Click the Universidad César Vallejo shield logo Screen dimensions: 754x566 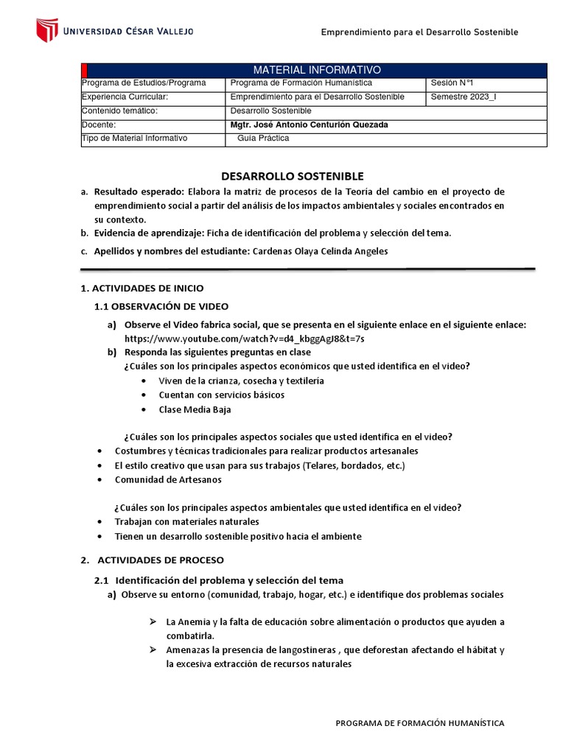47,31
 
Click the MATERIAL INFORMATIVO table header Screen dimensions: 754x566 317,69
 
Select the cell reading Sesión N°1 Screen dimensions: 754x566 453,83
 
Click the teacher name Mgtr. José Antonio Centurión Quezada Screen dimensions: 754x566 309,124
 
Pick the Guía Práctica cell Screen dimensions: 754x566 263,138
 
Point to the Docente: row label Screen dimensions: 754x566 99,124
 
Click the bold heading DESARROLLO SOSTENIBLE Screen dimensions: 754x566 293,176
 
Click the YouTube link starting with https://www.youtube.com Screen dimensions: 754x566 244,339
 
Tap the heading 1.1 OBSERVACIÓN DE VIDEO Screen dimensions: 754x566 161,306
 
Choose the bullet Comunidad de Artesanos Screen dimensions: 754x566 168,479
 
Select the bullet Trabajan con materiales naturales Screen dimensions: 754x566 187,521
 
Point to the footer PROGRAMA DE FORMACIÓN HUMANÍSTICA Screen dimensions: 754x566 420,723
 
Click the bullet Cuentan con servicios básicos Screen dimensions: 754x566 221,395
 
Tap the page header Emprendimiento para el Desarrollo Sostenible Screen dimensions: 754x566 420,32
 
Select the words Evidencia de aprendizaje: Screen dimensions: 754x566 148,233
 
